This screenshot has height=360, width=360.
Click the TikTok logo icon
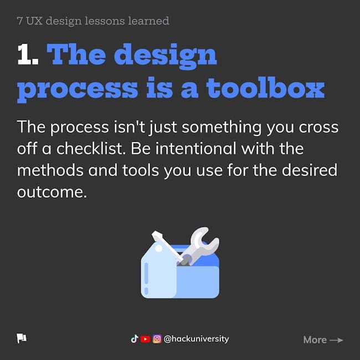coord(135,339)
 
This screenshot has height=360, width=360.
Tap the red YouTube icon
coord(145,339)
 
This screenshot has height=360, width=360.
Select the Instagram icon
coord(157,339)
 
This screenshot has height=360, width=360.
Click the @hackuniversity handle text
coord(196,339)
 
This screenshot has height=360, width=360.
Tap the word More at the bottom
coord(315,340)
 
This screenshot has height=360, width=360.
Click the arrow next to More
coord(336,340)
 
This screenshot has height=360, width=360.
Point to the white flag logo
coord(22,338)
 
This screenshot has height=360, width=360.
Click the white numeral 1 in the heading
coord(25,54)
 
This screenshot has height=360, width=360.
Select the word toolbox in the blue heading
coord(265,88)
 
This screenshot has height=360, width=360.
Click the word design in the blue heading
coord(165,56)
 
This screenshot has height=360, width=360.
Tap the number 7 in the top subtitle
coord(20,21)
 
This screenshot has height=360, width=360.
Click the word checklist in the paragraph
coord(91,148)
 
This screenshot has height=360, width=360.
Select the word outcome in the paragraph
coord(52,192)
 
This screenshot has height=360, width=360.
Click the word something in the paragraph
coord(222,127)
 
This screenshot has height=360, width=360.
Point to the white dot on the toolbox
coord(158,248)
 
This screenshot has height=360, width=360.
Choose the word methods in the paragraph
coord(50,170)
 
